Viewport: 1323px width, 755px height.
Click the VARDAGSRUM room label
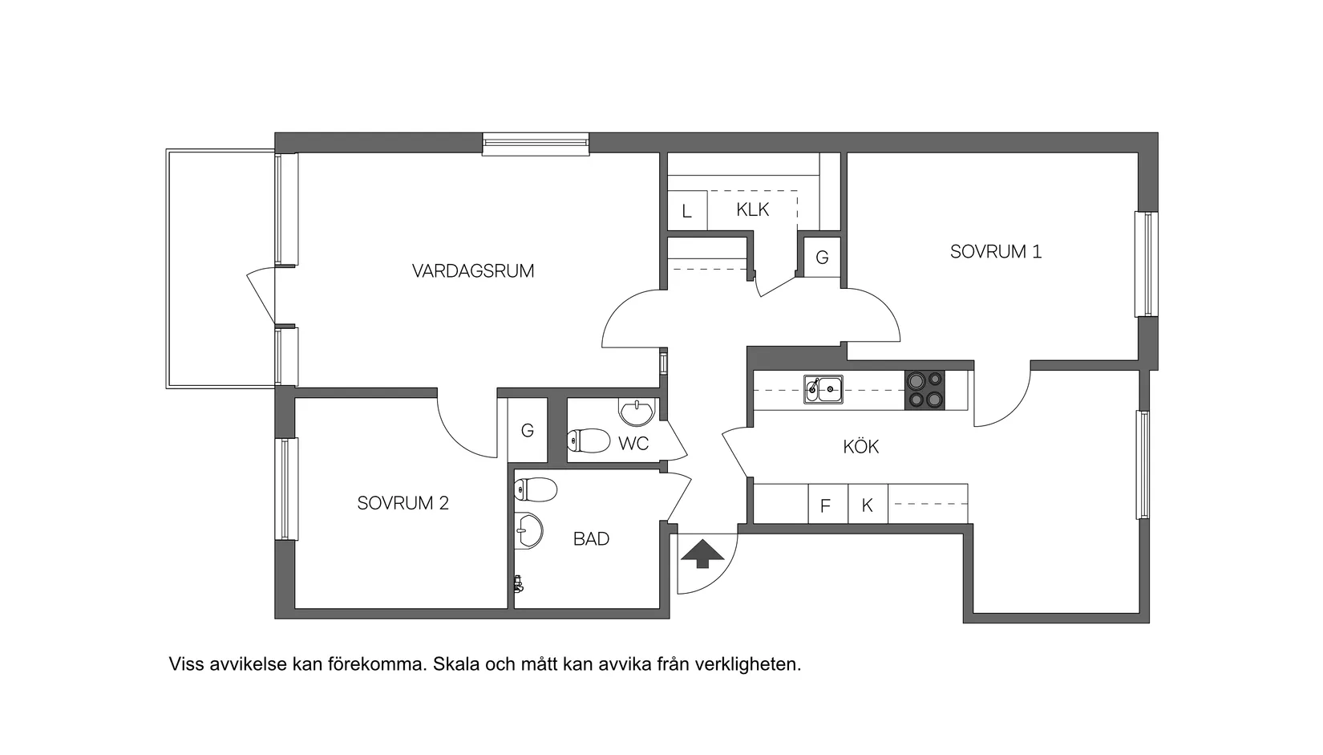pyautogui.click(x=473, y=271)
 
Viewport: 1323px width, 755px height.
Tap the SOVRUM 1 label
pyautogui.click(x=995, y=252)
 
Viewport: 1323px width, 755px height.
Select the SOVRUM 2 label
pyautogui.click(x=403, y=503)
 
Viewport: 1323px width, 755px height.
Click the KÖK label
pyautogui.click(x=860, y=447)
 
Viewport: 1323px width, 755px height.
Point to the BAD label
pyautogui.click(x=591, y=539)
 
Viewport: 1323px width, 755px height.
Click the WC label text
pyautogui.click(x=633, y=444)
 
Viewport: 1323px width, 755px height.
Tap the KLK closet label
pyautogui.click(x=752, y=210)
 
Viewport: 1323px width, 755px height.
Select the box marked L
pyautogui.click(x=686, y=212)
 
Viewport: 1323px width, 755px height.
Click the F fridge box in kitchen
pyautogui.click(x=825, y=506)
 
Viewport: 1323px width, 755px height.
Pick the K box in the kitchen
pyautogui.click(x=867, y=506)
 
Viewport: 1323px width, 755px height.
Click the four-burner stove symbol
pyautogui.click(x=924, y=390)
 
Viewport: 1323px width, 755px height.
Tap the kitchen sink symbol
pyautogui.click(x=823, y=390)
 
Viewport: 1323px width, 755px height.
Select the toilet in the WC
pyautogui.click(x=587, y=440)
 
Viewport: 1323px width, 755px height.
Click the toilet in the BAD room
pyautogui.click(x=535, y=488)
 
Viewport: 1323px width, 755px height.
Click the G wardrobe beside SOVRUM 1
pyautogui.click(x=822, y=258)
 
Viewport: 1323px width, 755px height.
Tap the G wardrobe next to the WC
pyautogui.click(x=527, y=431)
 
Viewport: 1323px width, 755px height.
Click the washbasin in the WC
pyautogui.click(x=637, y=412)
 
